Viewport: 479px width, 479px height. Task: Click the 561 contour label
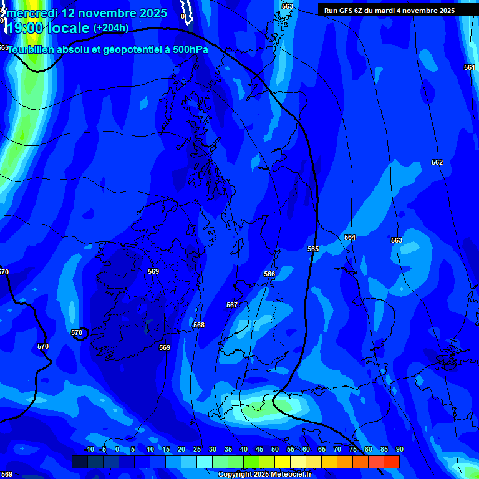(469, 67)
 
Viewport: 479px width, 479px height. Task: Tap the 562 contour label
(437, 162)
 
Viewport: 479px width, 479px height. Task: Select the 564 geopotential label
(350, 237)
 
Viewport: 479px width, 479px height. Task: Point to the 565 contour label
(313, 249)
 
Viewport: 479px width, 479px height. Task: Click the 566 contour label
(269, 274)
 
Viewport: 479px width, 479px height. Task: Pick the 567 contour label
(232, 305)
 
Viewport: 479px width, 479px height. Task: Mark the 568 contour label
(199, 325)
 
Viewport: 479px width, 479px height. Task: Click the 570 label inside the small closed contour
(77, 332)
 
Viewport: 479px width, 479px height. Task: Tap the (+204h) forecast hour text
(111, 27)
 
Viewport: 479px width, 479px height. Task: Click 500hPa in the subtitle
(190, 49)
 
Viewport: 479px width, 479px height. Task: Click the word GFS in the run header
(347, 11)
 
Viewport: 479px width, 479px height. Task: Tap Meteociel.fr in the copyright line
(291, 475)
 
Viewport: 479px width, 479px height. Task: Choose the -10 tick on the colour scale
(89, 449)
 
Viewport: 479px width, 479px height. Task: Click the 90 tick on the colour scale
(399, 449)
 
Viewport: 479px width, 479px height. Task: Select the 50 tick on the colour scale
(275, 449)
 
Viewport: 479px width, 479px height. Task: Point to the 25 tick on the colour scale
(197, 449)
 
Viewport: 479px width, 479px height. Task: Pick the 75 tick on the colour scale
(353, 449)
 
